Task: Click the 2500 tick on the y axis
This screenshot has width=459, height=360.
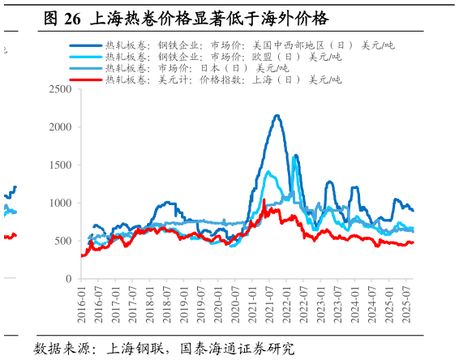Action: (x=59, y=89)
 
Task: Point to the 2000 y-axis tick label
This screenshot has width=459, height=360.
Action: (x=59, y=127)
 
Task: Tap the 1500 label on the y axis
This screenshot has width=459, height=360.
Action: (x=59, y=165)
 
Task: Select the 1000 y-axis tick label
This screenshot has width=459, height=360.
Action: (x=59, y=203)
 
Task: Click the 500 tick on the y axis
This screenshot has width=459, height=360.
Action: (x=62, y=241)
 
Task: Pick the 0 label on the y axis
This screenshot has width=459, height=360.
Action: (x=68, y=279)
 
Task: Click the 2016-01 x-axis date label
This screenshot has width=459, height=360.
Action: (x=81, y=304)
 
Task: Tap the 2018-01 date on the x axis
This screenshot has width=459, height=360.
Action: (x=151, y=304)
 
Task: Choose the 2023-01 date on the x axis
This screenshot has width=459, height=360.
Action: (x=322, y=304)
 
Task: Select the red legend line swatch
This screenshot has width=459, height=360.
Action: (x=86, y=79)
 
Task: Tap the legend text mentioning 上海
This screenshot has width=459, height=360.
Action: (x=223, y=79)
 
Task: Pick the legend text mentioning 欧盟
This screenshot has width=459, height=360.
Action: (x=223, y=57)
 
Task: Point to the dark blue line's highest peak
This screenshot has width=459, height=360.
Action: (x=277, y=115)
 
